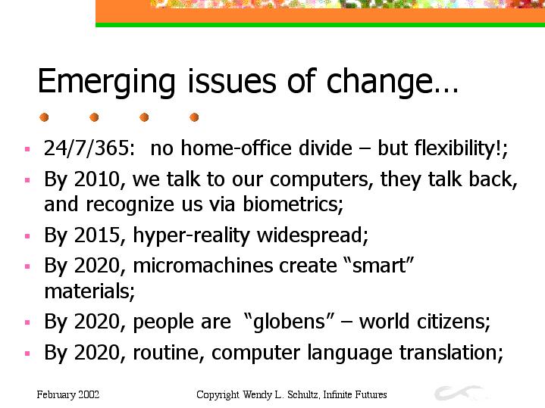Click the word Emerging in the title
coord(106,83)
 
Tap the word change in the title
coord(379,82)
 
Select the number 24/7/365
coord(87,148)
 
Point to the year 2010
coord(97,179)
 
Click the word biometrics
coord(291,204)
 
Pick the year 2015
coord(97,235)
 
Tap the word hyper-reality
coord(191,235)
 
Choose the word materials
coord(87,291)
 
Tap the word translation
coord(449,353)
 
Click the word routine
coord(166,353)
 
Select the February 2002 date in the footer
coord(68,395)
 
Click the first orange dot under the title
coord(44,117)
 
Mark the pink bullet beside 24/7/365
coord(27,150)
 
